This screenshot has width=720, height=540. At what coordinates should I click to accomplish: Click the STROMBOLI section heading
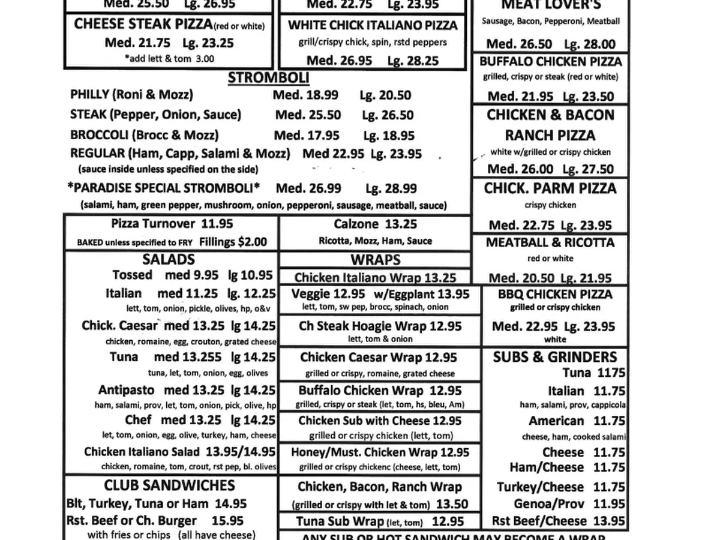pyautogui.click(x=269, y=78)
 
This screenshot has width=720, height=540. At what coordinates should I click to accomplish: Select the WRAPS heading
pyautogui.click(x=376, y=260)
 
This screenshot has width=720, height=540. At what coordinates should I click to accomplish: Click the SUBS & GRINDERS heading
pyautogui.click(x=555, y=357)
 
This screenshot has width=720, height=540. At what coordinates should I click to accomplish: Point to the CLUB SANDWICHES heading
pyautogui.click(x=169, y=485)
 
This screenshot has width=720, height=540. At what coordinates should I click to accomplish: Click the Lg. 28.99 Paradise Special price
pyautogui.click(x=391, y=188)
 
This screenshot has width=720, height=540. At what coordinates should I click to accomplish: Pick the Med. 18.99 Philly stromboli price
pyautogui.click(x=305, y=95)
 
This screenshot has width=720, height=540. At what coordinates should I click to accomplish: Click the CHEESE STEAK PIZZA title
pyautogui.click(x=143, y=25)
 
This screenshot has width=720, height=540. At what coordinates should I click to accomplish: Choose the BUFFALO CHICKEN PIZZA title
pyautogui.click(x=551, y=62)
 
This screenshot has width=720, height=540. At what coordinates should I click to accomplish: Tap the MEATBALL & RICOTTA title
pyautogui.click(x=550, y=242)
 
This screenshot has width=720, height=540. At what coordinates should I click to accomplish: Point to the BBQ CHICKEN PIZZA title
pyautogui.click(x=555, y=295)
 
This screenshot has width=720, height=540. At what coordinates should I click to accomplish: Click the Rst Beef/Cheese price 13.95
pyautogui.click(x=609, y=521)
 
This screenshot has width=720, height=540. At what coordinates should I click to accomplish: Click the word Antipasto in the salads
pyautogui.click(x=126, y=390)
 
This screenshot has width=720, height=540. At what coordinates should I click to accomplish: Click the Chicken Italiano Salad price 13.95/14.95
pyautogui.click(x=241, y=452)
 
